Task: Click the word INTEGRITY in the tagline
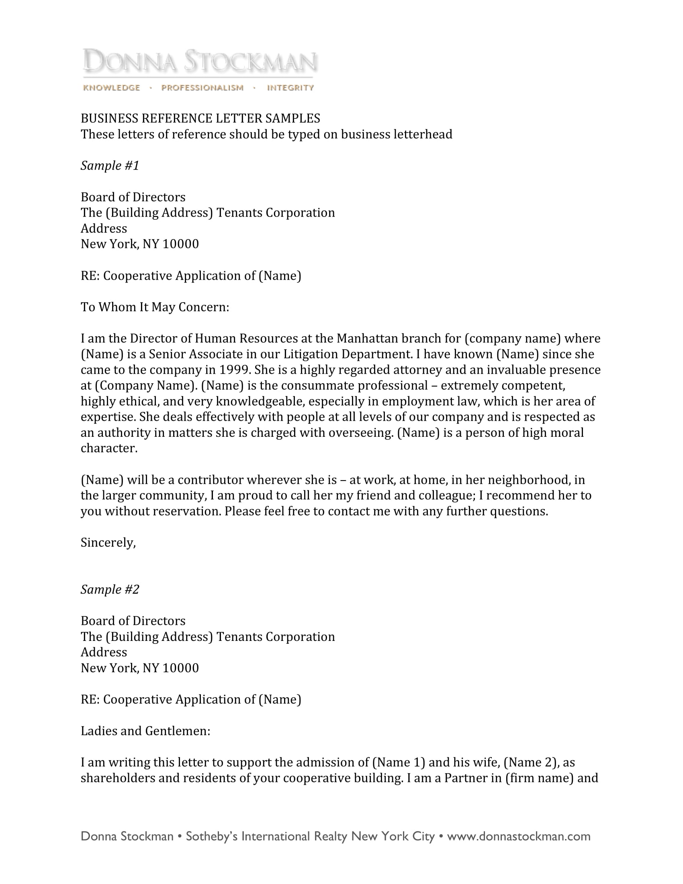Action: pos(290,88)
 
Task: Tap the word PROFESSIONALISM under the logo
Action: pos(202,88)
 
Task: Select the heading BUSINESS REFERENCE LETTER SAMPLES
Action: pos(200,118)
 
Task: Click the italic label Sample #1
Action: pos(110,166)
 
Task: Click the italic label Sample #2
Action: pos(110,589)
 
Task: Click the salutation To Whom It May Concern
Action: pos(155,307)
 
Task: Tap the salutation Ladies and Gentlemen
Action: pos(145,731)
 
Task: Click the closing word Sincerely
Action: pos(108,543)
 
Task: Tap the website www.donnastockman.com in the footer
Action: pos(518,836)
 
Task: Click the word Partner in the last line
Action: pos(461,778)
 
